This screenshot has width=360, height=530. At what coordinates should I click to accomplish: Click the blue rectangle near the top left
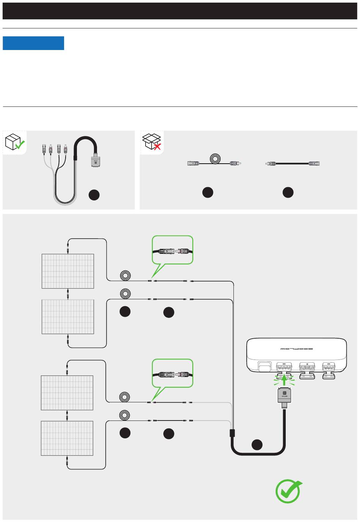[33, 43]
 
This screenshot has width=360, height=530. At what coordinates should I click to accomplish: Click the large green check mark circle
[288, 491]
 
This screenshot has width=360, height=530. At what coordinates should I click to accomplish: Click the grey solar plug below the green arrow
[285, 396]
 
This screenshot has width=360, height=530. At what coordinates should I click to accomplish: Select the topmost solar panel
[68, 271]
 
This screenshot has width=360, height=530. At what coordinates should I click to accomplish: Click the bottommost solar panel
[67, 438]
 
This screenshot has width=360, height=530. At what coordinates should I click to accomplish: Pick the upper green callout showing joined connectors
[173, 250]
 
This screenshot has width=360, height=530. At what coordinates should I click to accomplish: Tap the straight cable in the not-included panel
[292, 164]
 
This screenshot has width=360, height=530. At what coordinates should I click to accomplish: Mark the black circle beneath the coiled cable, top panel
[208, 192]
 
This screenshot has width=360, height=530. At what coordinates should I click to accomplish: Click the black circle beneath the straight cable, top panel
[288, 192]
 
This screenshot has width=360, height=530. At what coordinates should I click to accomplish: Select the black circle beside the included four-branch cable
[94, 195]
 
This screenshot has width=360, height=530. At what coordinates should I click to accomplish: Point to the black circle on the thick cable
[257, 444]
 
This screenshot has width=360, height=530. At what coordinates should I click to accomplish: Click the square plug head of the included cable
[96, 161]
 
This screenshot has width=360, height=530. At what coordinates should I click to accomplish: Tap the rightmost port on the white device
[328, 367]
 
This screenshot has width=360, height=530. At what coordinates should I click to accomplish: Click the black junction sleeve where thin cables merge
[232, 433]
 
